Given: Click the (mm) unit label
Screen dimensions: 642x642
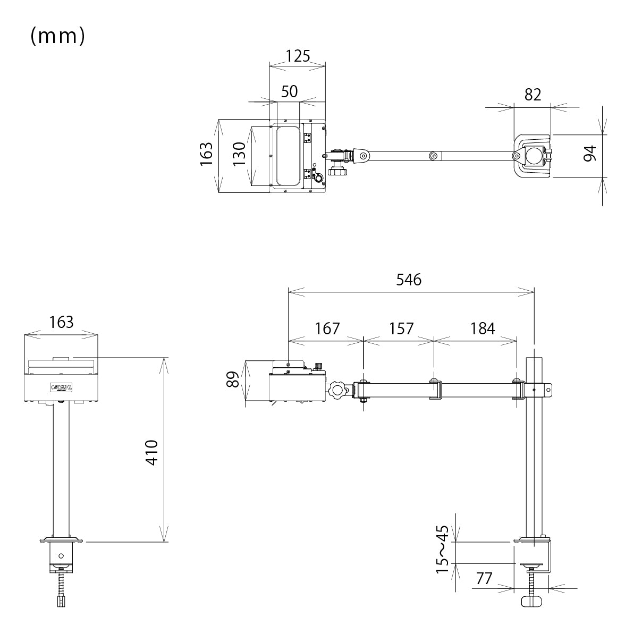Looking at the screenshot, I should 57,36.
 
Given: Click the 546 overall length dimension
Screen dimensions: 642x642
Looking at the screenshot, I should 409,280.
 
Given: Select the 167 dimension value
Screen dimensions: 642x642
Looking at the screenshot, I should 327,328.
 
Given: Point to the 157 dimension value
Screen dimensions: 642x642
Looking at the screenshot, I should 401,328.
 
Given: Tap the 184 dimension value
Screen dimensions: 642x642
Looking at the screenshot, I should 482,328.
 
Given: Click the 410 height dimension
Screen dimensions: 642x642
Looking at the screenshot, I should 153,452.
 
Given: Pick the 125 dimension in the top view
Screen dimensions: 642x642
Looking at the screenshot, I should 297,56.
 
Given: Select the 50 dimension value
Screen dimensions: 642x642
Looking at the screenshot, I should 289,91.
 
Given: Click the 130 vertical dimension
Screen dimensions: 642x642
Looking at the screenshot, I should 240,155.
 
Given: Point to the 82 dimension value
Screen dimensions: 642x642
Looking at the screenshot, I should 533,94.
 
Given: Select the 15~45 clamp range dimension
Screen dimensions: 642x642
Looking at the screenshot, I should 443,550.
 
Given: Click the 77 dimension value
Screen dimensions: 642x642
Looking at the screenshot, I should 484,578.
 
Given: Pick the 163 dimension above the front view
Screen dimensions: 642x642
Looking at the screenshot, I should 61,322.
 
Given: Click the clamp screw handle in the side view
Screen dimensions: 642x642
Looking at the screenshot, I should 532,601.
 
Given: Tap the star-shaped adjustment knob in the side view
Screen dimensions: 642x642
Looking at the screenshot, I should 337,391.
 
